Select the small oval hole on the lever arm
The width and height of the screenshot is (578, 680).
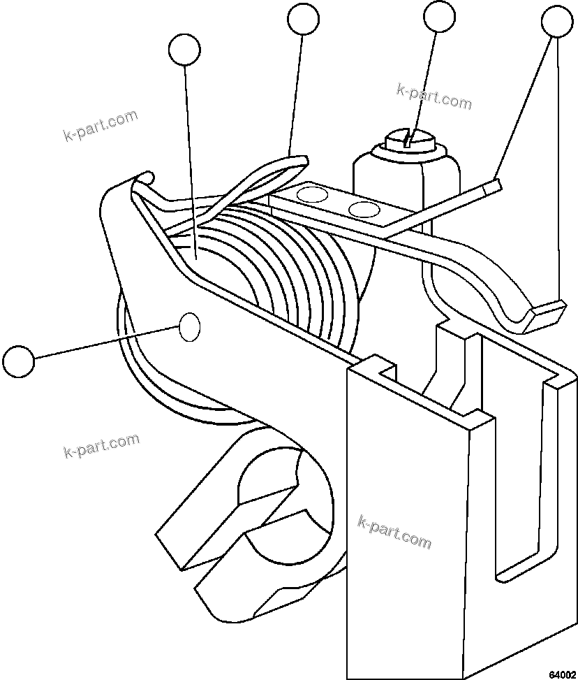[x=190, y=327]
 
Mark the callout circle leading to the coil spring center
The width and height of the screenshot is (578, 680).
[x=184, y=50]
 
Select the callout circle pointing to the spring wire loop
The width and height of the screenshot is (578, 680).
[x=303, y=19]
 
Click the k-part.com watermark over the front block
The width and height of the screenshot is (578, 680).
[x=394, y=532]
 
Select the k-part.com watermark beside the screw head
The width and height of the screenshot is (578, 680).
[x=433, y=97]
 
